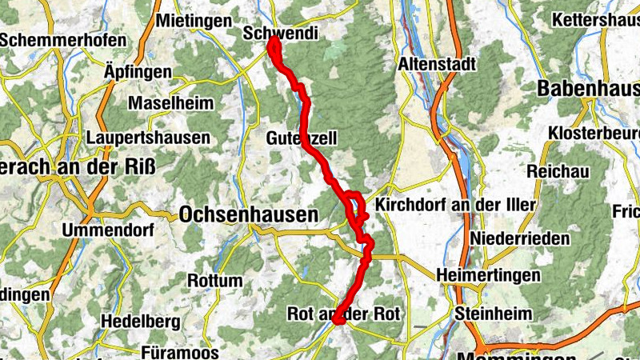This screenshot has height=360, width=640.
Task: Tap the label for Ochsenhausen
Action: (249, 214)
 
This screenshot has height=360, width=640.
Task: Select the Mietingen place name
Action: (195, 22)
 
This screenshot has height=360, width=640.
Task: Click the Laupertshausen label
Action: (150, 138)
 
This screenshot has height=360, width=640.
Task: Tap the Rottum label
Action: (214, 281)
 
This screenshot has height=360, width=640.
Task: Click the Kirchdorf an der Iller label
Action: (454, 206)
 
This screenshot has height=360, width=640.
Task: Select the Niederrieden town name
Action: (521, 238)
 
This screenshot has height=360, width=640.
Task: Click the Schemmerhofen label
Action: (63, 40)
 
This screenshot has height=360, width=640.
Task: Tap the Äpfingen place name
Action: (138, 72)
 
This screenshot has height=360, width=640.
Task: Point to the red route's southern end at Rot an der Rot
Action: (338, 322)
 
